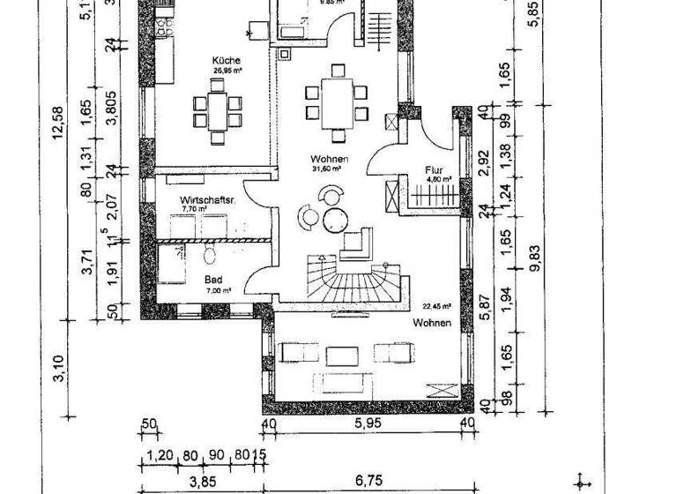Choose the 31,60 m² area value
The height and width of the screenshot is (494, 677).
[329, 168]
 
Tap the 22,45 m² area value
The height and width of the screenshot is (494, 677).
[436, 307]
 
